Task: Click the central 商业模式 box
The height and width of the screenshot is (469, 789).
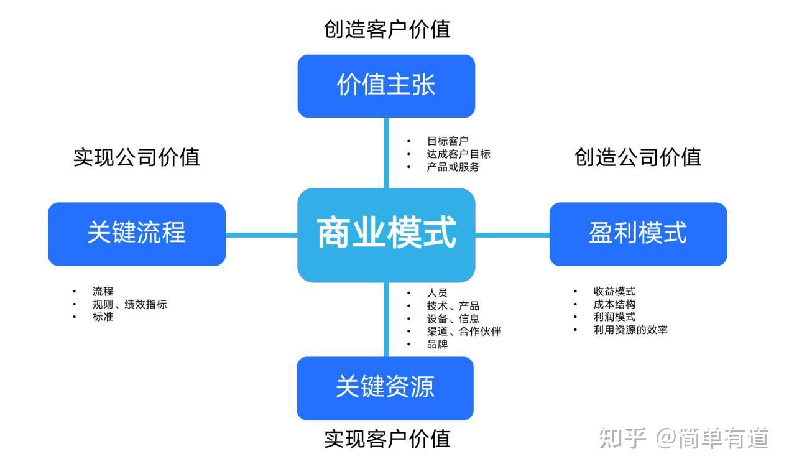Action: click(386, 234)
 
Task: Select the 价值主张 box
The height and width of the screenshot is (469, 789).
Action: click(386, 86)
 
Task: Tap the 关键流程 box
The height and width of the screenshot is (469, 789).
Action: click(136, 234)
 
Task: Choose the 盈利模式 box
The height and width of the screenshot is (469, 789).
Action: click(638, 234)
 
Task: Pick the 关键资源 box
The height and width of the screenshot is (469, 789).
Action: click(385, 388)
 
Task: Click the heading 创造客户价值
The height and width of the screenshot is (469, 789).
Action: click(387, 29)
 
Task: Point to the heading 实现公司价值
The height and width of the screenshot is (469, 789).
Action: click(136, 157)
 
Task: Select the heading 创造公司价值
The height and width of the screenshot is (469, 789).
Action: click(638, 157)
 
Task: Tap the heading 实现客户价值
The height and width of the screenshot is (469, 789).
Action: click(387, 439)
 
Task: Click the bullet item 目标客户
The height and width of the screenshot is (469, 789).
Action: click(447, 141)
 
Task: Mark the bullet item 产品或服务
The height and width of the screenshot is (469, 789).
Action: click(453, 167)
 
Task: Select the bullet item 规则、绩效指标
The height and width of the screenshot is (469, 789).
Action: click(129, 304)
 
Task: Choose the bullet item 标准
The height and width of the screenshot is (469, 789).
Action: click(103, 317)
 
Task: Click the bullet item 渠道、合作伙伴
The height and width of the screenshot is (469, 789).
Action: click(463, 331)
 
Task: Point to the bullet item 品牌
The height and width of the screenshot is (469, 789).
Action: click(437, 344)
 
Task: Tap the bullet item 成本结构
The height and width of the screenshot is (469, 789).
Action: click(614, 304)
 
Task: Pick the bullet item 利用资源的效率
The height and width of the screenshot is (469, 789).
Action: click(630, 330)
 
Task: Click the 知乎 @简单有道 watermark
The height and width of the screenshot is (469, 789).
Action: click(684, 439)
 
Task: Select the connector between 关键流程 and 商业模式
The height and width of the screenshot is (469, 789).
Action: click(261, 234)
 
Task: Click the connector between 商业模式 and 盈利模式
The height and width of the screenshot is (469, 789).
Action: click(512, 234)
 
